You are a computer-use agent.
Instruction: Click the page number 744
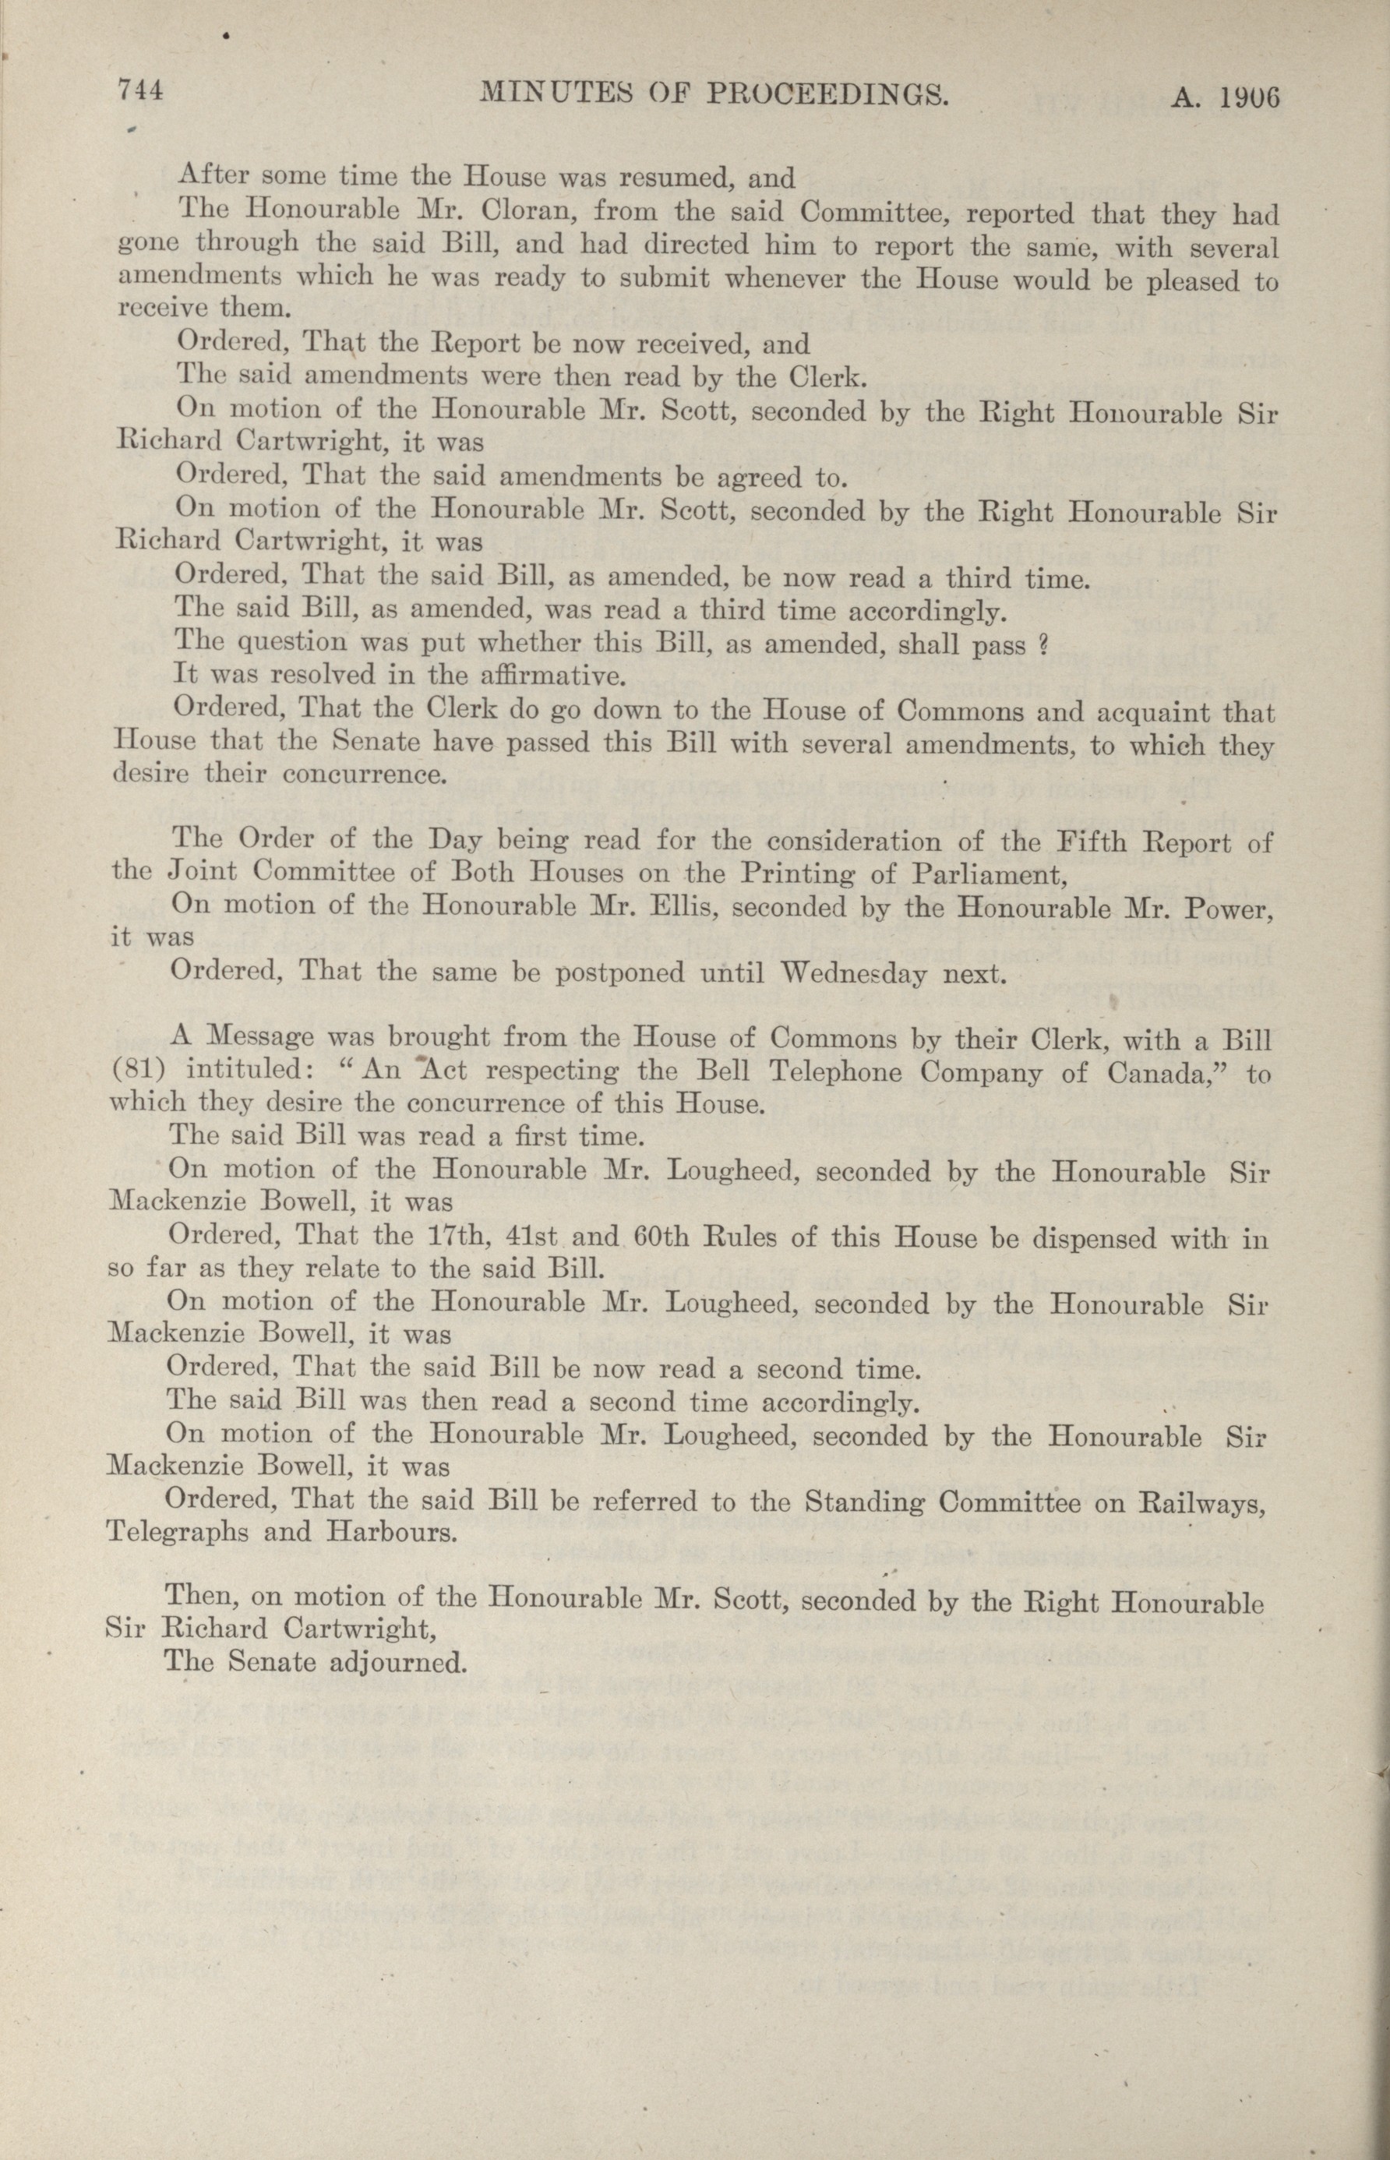pyautogui.click(x=140, y=91)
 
